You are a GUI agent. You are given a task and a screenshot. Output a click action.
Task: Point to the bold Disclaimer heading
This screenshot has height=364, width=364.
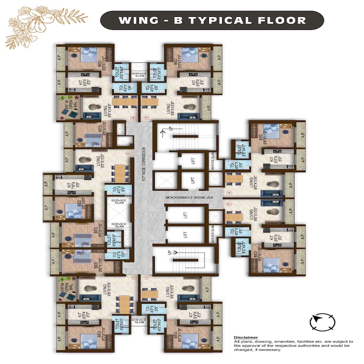(246, 337)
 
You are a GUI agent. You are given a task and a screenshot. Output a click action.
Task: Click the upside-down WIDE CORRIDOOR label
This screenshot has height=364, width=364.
(190, 197)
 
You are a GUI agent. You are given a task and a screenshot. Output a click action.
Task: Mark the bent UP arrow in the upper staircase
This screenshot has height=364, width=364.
(166, 130)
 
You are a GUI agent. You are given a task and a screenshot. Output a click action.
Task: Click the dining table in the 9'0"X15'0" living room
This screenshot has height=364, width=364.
(120, 173)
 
